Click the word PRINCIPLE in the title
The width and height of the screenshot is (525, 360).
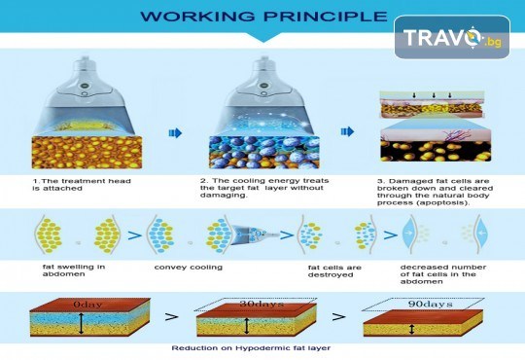[x=326, y=17]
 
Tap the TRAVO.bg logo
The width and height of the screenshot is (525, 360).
[x=452, y=37]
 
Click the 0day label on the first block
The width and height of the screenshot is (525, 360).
[x=87, y=305]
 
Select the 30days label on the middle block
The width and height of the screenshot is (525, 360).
[x=262, y=304]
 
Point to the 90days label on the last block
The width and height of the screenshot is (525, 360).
[x=431, y=304]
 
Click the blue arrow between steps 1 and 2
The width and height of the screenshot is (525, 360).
[x=175, y=133]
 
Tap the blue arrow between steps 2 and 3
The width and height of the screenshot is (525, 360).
[x=347, y=131]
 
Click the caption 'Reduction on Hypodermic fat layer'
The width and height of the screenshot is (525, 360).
[x=251, y=348]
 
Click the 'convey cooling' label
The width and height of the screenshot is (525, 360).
[x=189, y=268]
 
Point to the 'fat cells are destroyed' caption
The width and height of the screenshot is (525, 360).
[x=334, y=271]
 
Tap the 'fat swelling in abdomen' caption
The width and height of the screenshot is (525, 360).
[x=74, y=270]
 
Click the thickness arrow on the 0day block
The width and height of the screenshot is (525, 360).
[x=81, y=323]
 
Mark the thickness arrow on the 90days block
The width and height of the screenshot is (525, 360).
[x=412, y=330]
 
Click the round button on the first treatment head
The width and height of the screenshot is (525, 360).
[x=85, y=86]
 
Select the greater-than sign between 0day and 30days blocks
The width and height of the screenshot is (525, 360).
[x=171, y=317]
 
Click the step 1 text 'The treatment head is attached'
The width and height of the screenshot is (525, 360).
[x=82, y=185]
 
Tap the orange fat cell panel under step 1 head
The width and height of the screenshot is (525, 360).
[x=87, y=153]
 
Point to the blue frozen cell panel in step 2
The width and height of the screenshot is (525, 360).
[x=263, y=153]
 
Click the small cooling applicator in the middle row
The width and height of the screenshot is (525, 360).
[x=256, y=233]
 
